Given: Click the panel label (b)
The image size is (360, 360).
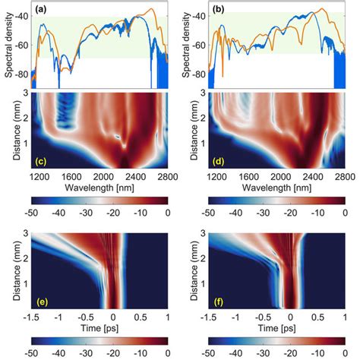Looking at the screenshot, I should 222,9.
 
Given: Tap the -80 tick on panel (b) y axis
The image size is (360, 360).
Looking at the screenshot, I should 202,75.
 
